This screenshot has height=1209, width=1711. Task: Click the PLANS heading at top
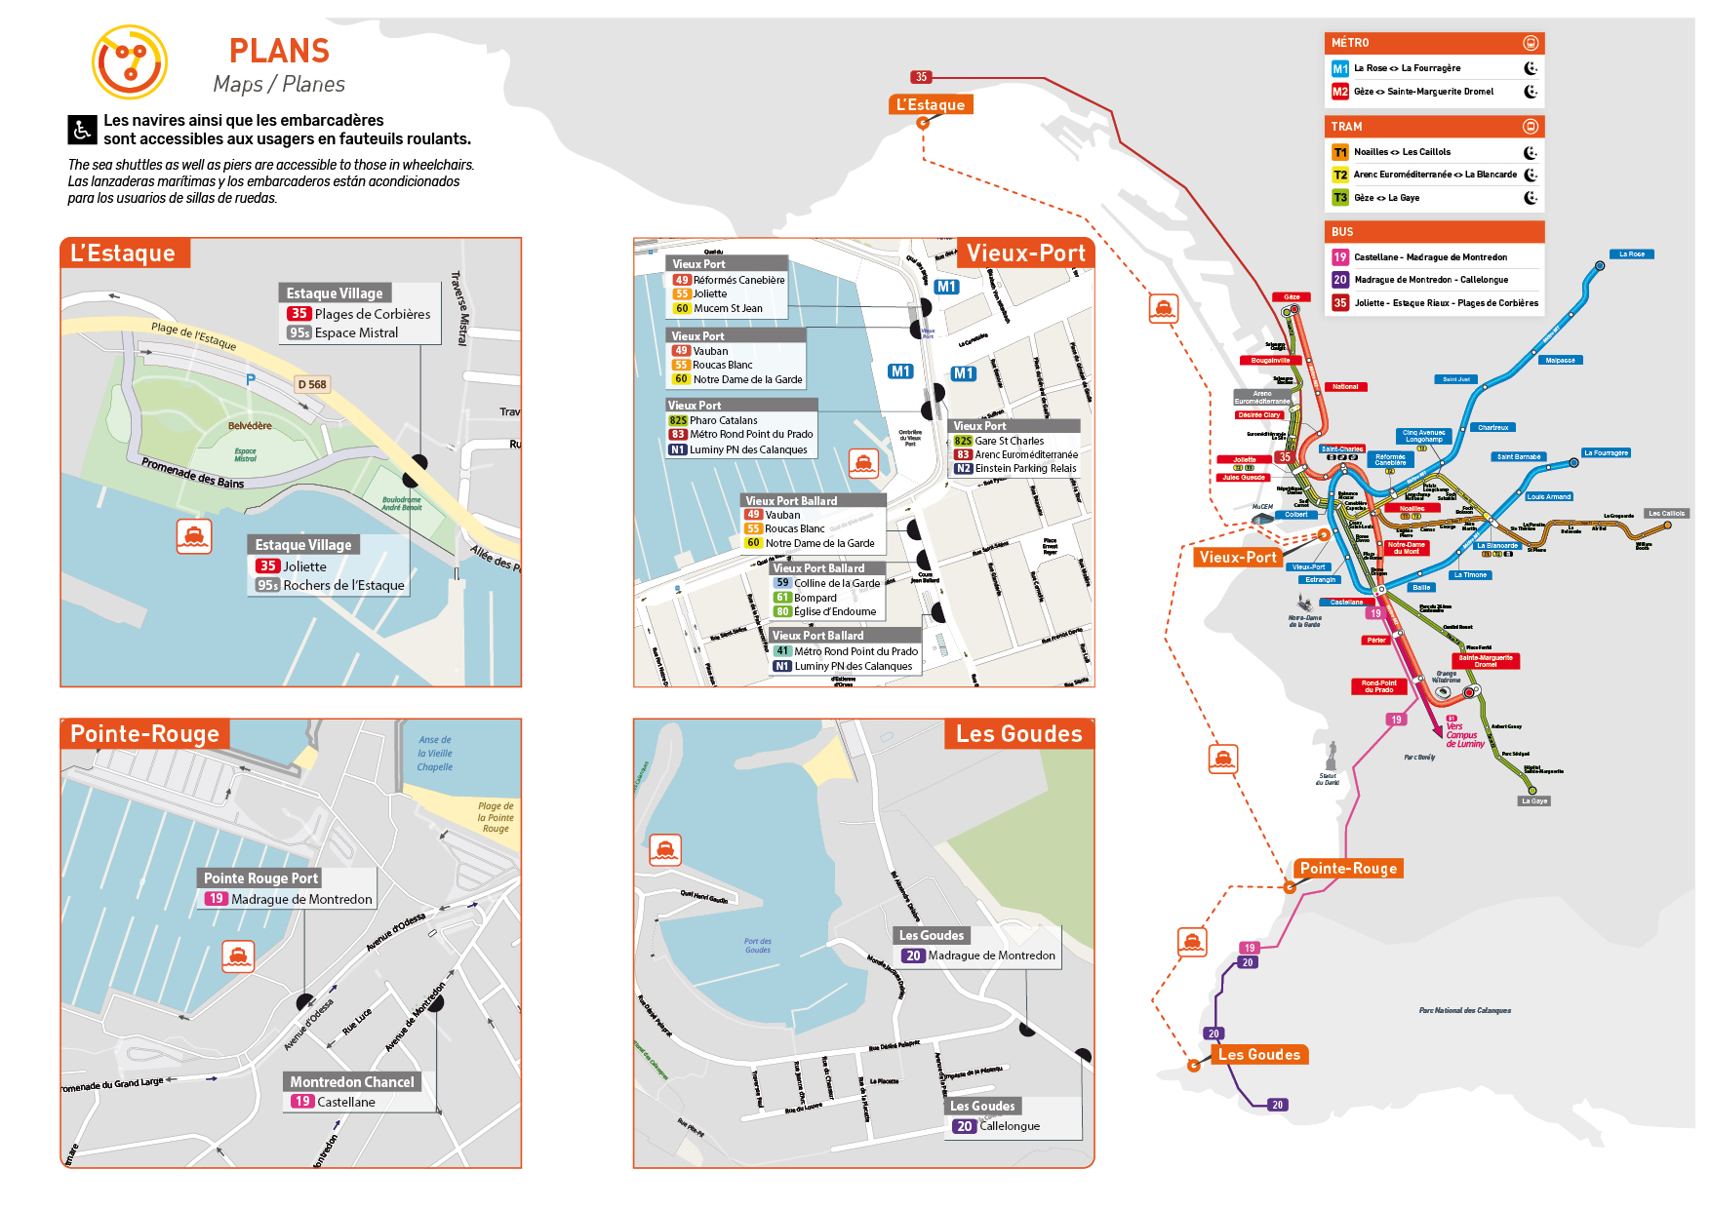[x=279, y=51]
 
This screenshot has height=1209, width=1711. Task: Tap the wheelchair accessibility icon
[x=82, y=129]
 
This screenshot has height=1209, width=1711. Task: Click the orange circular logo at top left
[x=130, y=62]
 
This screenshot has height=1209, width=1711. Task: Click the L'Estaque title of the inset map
[x=123, y=253]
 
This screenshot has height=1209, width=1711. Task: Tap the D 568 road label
[x=312, y=384]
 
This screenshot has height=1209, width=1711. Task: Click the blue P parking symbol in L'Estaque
[x=251, y=380]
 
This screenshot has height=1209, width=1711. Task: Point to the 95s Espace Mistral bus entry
[x=343, y=332]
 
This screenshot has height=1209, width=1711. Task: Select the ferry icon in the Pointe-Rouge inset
[x=238, y=955]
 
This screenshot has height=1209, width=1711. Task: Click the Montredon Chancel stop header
[x=351, y=1082]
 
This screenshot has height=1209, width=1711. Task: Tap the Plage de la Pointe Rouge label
[x=496, y=817]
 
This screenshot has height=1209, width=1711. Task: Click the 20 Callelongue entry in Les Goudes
[x=997, y=1126]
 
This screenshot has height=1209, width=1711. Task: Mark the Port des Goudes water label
[x=758, y=946]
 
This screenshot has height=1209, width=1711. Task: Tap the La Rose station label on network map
[x=1631, y=254]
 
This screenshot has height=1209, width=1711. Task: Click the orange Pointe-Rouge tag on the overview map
[x=1348, y=869]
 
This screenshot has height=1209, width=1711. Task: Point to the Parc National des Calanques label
[x=1464, y=1010]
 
